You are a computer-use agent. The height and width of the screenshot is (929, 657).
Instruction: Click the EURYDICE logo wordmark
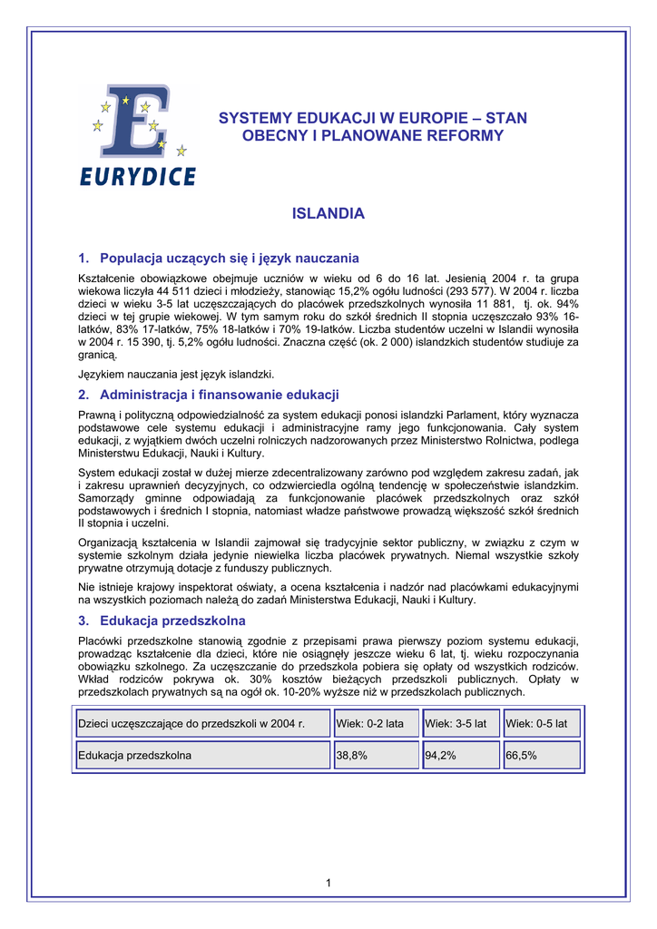click(136, 176)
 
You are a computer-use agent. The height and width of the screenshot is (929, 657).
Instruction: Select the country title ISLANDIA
click(328, 214)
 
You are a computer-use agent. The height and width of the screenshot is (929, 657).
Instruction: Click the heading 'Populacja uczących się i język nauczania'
click(229, 258)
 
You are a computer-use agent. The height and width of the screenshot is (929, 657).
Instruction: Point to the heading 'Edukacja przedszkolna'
click(172, 621)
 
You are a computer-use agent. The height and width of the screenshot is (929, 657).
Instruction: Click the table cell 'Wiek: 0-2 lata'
click(375, 723)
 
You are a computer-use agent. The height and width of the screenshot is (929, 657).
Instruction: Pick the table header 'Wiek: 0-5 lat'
click(541, 723)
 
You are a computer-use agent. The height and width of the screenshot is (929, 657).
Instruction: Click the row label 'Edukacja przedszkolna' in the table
click(135, 755)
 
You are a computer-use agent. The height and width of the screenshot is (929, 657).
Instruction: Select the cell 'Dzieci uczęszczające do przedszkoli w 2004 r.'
click(191, 723)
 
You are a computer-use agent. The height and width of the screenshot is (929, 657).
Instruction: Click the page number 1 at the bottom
click(328, 884)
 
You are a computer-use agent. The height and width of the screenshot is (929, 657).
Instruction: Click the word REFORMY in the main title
click(468, 135)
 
